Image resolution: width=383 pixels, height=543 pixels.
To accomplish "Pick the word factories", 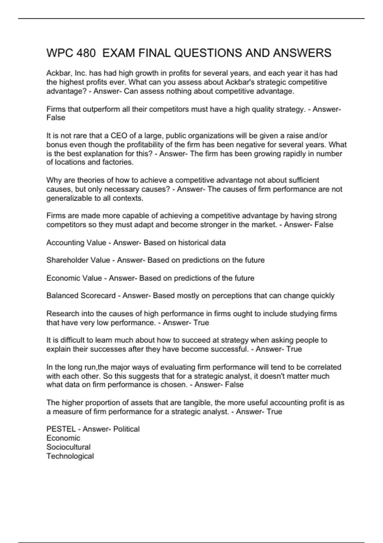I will point(118,162).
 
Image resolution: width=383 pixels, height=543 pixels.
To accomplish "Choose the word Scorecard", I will point(98,296).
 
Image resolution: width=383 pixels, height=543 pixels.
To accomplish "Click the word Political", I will point(126,429).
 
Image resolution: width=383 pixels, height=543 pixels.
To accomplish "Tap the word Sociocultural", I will point(68,447).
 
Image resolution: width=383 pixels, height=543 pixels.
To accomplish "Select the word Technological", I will point(70,456).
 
